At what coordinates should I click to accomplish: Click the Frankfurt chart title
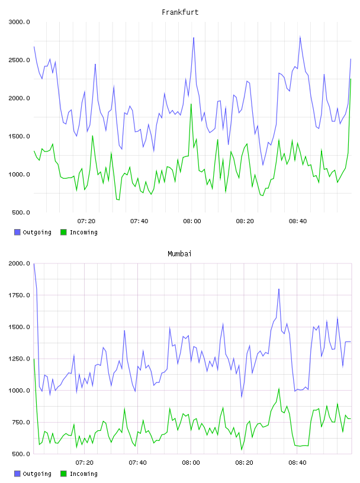(x=180, y=12)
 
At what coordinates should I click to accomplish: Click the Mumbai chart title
(x=179, y=254)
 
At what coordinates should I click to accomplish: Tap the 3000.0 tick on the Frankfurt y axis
(x=19, y=22)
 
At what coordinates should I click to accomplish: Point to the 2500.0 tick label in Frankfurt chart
(x=19, y=60)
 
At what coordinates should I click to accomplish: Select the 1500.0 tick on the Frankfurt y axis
(x=19, y=137)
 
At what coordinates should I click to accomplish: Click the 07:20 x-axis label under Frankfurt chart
(x=86, y=221)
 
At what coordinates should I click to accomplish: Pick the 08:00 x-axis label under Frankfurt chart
(x=192, y=221)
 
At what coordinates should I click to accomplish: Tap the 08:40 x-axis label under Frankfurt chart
(x=298, y=221)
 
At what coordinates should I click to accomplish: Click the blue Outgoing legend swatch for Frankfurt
(x=17, y=232)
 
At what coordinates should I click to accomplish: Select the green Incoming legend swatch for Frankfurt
(x=63, y=232)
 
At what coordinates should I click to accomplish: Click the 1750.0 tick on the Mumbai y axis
(x=19, y=295)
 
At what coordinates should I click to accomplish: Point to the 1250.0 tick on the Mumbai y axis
(x=19, y=359)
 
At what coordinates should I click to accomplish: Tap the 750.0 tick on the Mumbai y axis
(x=21, y=422)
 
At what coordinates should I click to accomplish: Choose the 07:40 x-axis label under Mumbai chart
(x=138, y=463)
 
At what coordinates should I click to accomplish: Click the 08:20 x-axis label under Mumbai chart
(x=244, y=463)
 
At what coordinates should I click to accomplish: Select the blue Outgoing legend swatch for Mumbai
(x=17, y=474)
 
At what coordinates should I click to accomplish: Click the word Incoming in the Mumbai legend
(x=83, y=474)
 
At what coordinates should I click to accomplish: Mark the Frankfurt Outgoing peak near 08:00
(x=194, y=37)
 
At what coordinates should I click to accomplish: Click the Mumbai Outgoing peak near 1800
(x=279, y=289)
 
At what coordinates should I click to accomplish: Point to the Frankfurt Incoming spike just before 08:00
(x=191, y=104)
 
